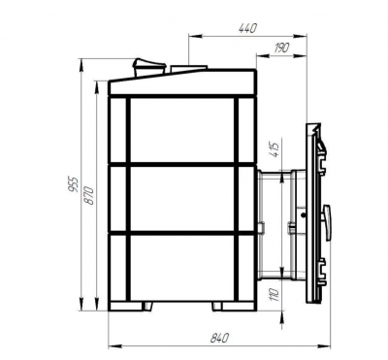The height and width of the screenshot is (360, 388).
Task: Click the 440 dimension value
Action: pyautogui.click(x=247, y=28)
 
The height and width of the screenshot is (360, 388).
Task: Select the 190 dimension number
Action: pyautogui.click(x=281, y=48)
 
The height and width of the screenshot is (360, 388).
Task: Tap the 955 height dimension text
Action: pyautogui.click(x=75, y=184)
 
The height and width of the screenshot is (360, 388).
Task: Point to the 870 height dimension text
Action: pyautogui.click(x=89, y=195)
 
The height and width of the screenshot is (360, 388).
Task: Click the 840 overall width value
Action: pyautogui.click(x=220, y=338)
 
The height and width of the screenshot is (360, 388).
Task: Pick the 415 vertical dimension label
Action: pyautogui.click(x=275, y=149)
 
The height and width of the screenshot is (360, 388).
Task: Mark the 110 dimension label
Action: pyautogui.click(x=275, y=294)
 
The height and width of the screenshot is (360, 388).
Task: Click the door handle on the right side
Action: pyautogui.click(x=327, y=222)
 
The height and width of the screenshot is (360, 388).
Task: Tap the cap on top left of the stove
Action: pyautogui.click(x=149, y=67)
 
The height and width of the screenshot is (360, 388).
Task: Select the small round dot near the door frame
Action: pyautogui.click(x=304, y=215)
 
